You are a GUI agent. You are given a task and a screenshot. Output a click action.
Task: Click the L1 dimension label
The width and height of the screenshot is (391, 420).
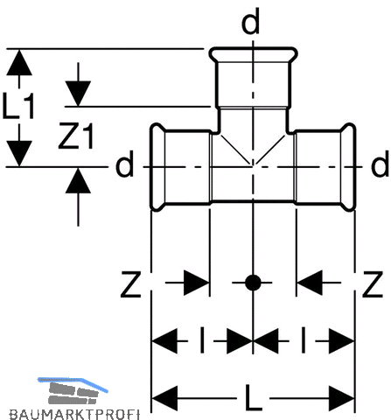[x=18, y=106]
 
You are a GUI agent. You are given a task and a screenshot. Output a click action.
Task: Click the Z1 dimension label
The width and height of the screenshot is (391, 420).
[x=76, y=136]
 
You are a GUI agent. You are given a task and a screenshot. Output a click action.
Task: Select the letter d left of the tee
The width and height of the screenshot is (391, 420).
[x=125, y=164]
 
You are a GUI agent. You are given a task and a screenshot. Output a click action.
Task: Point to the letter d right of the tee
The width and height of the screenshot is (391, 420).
[x=380, y=164]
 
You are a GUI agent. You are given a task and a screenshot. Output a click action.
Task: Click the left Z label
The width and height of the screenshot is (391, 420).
[x=131, y=284]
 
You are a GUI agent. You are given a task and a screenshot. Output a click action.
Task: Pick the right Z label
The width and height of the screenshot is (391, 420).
[x=373, y=284]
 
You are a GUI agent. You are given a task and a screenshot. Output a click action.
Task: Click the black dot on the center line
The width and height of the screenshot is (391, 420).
[x=253, y=283]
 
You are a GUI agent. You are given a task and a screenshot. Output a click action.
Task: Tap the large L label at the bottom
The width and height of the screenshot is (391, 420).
[x=253, y=397]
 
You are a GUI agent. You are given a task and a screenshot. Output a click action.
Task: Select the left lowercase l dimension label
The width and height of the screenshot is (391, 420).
[x=202, y=340]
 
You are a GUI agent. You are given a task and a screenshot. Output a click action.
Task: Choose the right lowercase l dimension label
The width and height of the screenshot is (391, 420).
[x=304, y=340]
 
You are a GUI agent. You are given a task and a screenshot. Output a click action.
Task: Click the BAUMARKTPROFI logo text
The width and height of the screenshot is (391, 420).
[x=74, y=414]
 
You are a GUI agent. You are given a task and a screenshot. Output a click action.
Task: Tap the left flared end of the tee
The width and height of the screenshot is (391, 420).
[x=157, y=167]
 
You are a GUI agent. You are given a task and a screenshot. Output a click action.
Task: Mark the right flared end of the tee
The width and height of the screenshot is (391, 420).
[x=348, y=167]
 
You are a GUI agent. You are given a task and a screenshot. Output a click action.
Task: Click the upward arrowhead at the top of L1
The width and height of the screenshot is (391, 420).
[x=19, y=62]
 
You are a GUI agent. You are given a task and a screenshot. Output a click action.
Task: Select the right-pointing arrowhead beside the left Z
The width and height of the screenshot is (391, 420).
[x=197, y=283]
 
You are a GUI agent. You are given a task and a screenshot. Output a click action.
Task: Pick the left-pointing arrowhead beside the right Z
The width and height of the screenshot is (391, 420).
[x=310, y=283]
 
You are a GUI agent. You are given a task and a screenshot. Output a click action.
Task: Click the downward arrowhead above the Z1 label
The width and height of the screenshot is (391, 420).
[x=78, y=94]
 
